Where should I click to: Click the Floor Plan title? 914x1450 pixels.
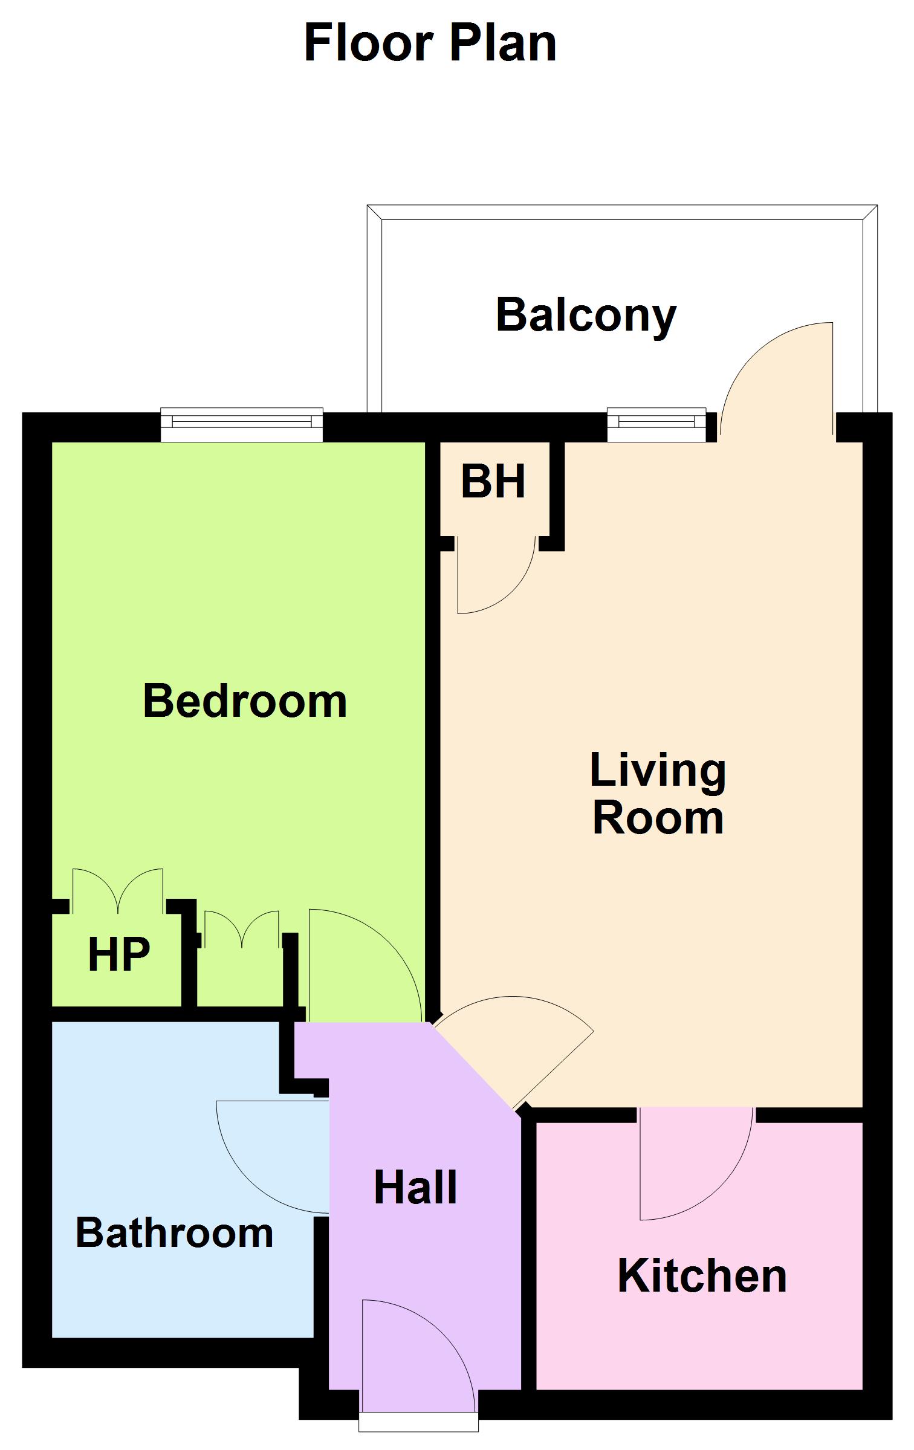tap(430, 44)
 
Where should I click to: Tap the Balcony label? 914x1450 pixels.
tap(586, 316)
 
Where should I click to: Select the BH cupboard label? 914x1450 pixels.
tap(493, 482)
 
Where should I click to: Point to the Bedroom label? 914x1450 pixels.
tap(245, 701)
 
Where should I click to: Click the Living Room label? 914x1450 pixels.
tap(658, 794)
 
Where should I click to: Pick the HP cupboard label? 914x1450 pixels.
tap(118, 954)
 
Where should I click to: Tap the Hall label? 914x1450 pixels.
tap(415, 1188)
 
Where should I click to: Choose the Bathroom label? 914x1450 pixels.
tap(174, 1233)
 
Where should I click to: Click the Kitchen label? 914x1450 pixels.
tap(702, 1276)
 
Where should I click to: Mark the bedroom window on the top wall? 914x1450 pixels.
tap(242, 425)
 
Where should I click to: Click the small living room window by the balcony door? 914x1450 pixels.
tap(656, 425)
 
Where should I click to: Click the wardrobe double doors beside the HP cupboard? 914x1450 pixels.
tap(242, 928)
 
